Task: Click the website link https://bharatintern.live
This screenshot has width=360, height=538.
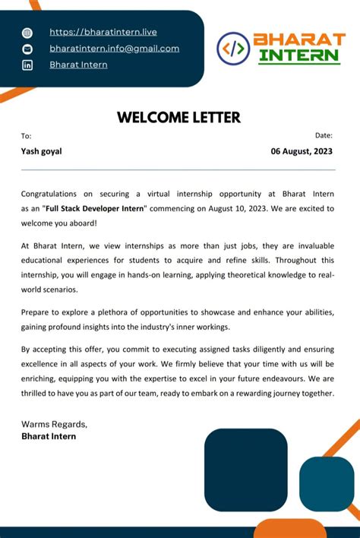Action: point(103,32)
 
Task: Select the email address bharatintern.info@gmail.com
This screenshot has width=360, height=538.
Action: point(114,49)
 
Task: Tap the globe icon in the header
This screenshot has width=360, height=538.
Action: point(28,33)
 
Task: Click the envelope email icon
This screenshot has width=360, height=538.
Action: point(28,49)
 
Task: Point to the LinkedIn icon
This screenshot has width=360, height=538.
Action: point(28,65)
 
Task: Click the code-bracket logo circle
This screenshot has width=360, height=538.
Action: point(233,49)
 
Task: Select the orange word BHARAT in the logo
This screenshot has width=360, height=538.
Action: point(298,40)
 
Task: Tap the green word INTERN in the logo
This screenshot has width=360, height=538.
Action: point(298,55)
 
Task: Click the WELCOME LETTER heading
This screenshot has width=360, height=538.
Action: point(178,117)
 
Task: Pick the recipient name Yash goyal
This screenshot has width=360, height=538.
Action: point(42,151)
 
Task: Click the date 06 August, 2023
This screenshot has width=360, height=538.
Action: point(302,151)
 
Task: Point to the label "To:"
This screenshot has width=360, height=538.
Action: point(27,135)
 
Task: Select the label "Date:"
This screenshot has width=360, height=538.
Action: point(324,135)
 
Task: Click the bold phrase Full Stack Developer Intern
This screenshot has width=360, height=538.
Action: point(95,208)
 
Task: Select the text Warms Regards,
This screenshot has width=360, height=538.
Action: point(54,424)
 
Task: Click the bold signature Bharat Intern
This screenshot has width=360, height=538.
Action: point(49,437)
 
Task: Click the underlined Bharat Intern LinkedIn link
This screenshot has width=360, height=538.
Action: point(78,65)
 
